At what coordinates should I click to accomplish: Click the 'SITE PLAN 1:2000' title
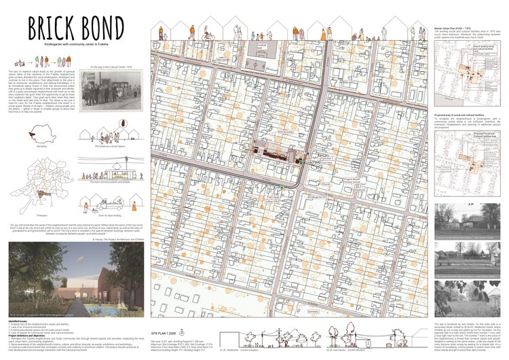coord(168,335)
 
